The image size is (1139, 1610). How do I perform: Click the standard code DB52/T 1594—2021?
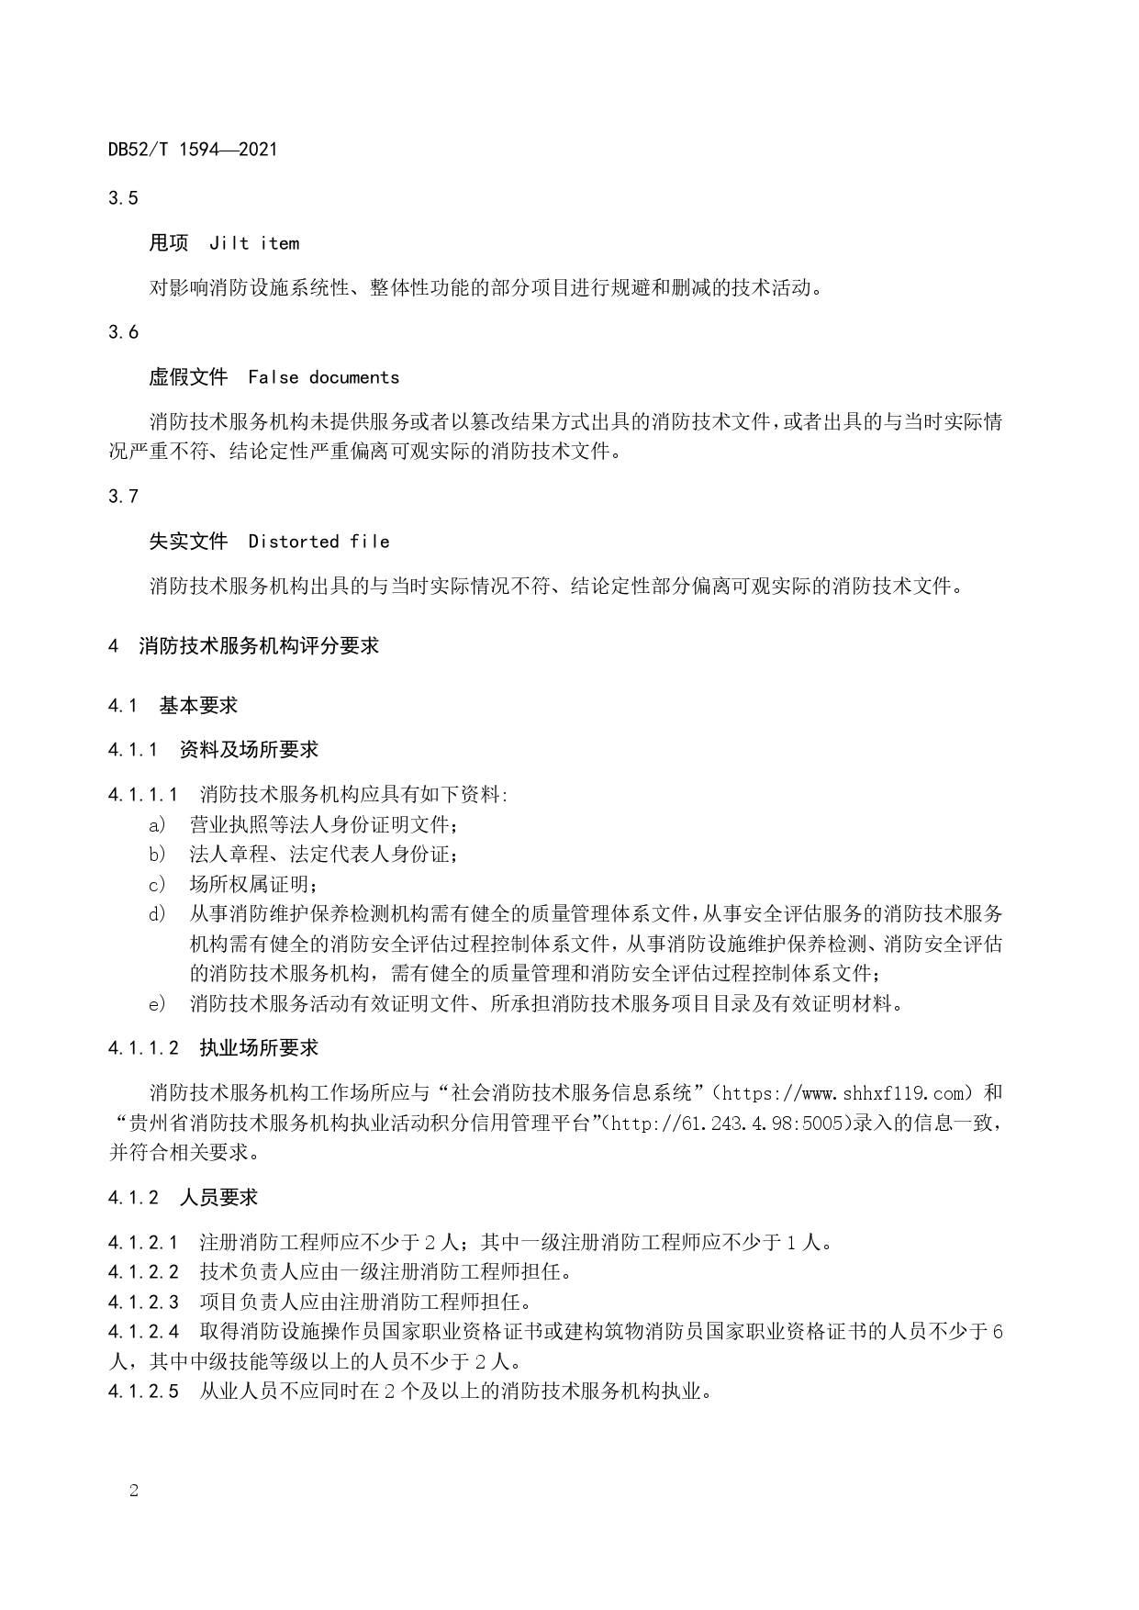point(193,149)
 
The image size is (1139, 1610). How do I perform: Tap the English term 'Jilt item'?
point(254,243)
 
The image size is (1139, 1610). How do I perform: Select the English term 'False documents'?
point(324,377)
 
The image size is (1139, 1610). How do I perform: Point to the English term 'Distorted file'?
point(318,542)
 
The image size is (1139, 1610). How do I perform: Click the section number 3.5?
point(123,197)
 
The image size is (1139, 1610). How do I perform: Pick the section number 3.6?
point(123,332)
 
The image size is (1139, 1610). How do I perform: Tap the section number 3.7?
point(123,497)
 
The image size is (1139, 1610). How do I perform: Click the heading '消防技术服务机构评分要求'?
point(259,646)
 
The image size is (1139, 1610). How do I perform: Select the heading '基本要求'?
point(198,706)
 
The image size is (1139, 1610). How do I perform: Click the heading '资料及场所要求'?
point(249,750)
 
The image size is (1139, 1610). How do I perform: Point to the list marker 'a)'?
point(158,824)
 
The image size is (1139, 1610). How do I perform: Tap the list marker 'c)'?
point(158,885)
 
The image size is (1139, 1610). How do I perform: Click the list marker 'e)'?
point(158,1004)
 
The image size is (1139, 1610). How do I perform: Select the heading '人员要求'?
point(218,1198)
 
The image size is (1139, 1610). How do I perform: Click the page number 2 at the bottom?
point(134,1492)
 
